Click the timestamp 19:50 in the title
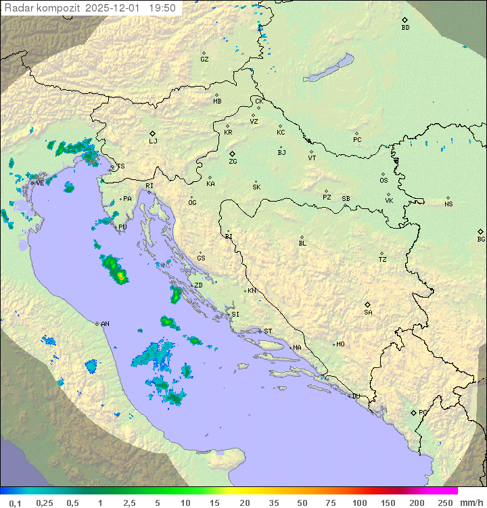162,8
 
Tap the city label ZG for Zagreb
233,162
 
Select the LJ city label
153,141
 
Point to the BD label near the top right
405,28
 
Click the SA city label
368,313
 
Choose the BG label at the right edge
481,239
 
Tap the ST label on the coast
268,331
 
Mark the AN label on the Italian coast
105,324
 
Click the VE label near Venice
40,183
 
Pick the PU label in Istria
122,227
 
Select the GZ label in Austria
204,59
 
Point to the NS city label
448,204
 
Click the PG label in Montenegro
423,413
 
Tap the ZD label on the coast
198,285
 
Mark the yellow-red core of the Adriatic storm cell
120,275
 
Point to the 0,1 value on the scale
15,503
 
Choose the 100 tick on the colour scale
359,503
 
